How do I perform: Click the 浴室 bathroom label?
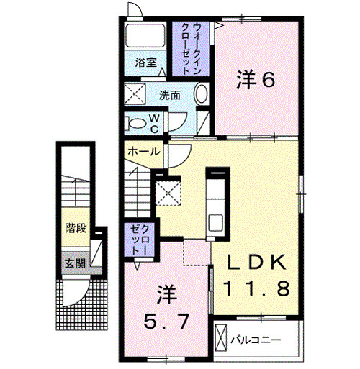tap(146, 63)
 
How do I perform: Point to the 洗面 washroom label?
tap(170, 95)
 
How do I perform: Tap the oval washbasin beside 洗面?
tap(201, 94)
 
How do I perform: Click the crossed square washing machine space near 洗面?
tap(135, 94)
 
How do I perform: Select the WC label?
tap(154, 123)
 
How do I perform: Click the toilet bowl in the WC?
tap(134, 122)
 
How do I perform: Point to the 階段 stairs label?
tap(74, 229)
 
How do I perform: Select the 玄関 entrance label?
tap(73, 263)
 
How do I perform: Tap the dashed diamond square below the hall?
tap(168, 192)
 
